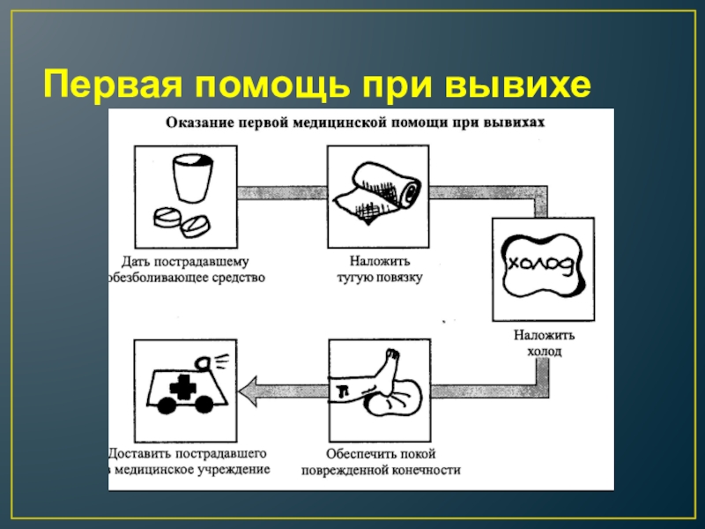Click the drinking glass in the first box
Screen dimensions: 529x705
click(x=191, y=179)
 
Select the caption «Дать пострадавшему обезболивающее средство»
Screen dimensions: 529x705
click(x=186, y=270)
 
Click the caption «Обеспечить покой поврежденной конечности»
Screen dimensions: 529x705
click(x=380, y=462)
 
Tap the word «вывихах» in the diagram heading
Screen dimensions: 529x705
click(x=520, y=123)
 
